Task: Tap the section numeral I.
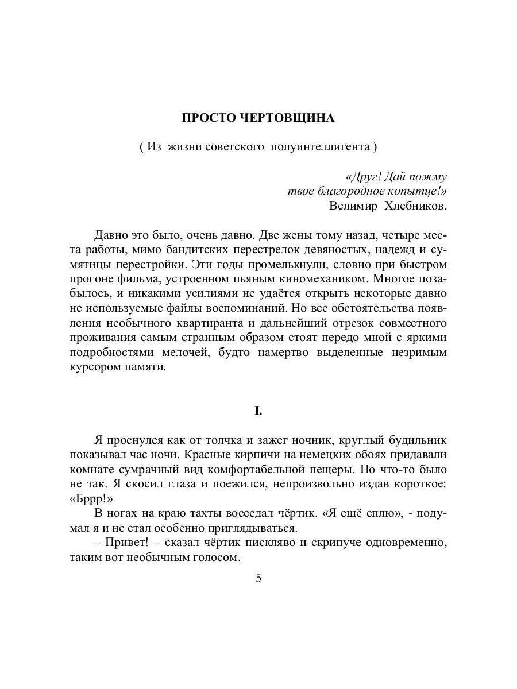click(x=258, y=411)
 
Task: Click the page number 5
click(x=258, y=578)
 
